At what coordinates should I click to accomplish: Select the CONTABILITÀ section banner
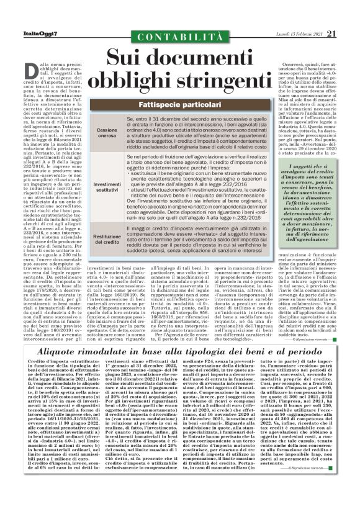pyautogui.click(x=179, y=40)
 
